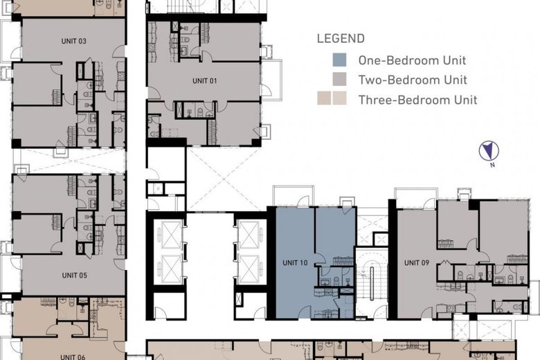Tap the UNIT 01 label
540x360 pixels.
pos(205,81)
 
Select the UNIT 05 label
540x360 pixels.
pos(74,275)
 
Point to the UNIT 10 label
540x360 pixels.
pos(295,262)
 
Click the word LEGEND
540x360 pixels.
pos(341,39)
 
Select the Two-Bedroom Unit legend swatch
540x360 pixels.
pos(339,80)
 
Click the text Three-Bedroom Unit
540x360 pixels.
pos(417,100)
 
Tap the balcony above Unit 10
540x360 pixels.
pos(295,196)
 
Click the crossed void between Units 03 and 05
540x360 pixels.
pos(69,161)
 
